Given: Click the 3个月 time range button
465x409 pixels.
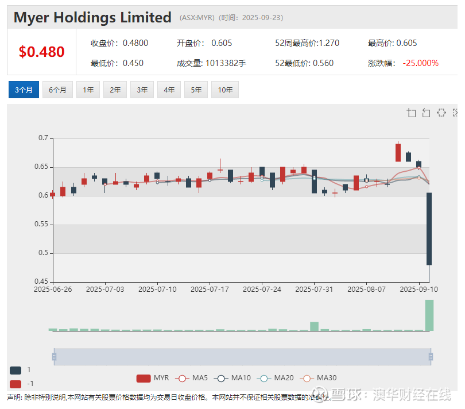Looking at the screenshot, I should coord(24,90).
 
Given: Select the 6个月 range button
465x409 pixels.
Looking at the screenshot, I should coord(57,90).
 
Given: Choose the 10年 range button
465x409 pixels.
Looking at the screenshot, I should coord(225,90).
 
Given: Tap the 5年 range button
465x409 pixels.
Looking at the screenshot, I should coord(196,90).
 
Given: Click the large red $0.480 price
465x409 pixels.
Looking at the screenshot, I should coord(41,52).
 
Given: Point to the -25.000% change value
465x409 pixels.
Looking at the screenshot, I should coord(420,63).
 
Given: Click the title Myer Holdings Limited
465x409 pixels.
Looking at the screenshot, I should coord(92,18).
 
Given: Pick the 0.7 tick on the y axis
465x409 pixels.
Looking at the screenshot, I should coord(43,138).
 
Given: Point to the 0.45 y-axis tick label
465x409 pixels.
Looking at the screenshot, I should coord(41,281).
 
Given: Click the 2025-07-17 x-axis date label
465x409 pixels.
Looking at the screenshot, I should coord(210,290).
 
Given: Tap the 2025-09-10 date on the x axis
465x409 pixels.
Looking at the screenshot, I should coord(418,290).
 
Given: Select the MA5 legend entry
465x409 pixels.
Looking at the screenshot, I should coord(192,378).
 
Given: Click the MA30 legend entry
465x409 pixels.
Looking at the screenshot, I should coord(319,378).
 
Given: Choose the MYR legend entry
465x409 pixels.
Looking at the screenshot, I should coord(153,378).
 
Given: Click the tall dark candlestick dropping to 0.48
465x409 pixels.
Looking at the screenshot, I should coord(429,229).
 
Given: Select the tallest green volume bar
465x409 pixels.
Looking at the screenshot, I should coord(429,315).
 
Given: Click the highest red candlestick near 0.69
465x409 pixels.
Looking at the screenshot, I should coord(398,152).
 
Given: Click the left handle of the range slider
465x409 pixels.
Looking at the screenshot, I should coord(54,357).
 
